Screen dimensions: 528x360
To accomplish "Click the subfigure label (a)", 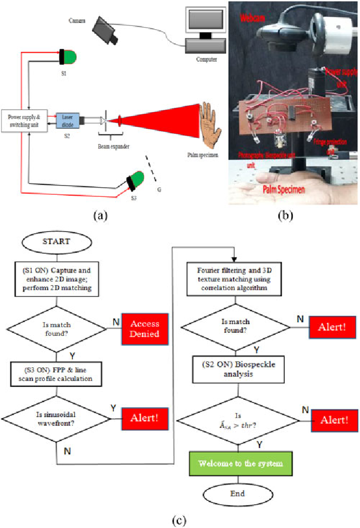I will (99, 216).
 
